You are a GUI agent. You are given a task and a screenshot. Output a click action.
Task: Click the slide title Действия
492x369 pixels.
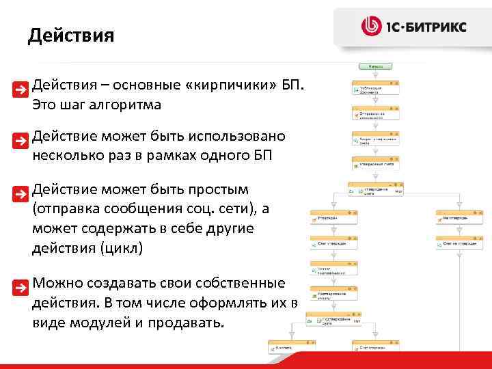(x=71, y=35)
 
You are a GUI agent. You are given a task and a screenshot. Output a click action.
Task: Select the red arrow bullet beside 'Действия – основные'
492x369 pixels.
(x=23, y=89)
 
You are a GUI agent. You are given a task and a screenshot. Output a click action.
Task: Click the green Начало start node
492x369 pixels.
(x=374, y=67)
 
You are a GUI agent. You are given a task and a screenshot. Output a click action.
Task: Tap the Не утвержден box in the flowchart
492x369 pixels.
(x=459, y=217)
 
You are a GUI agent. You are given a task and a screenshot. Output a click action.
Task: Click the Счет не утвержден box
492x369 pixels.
(x=459, y=243)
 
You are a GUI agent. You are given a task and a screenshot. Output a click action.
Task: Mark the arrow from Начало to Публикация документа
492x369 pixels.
(x=374, y=75)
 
